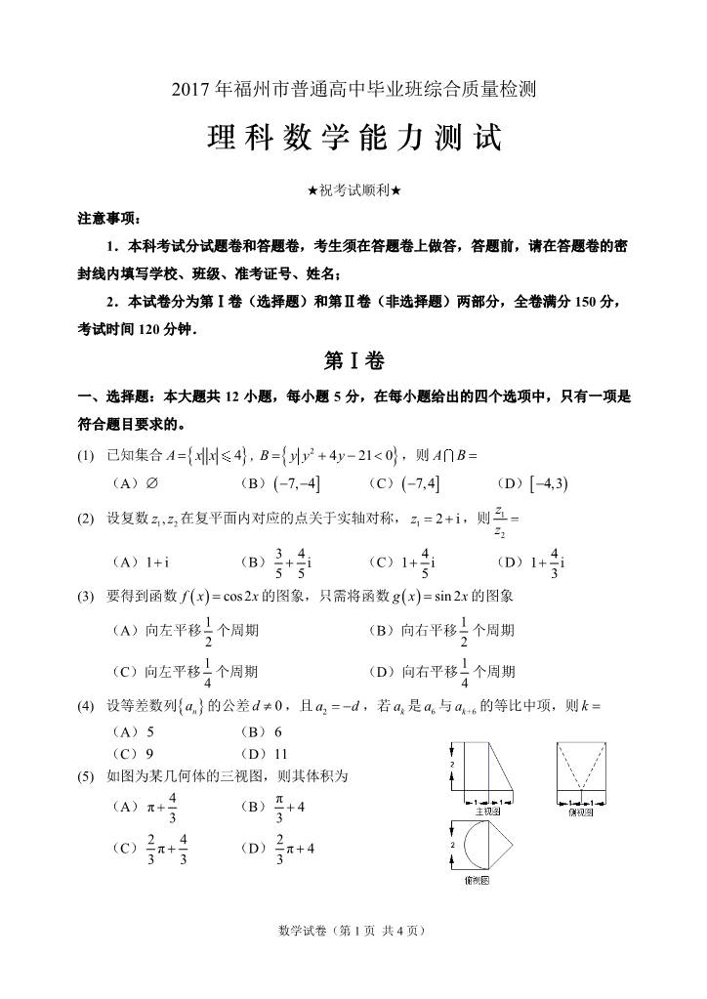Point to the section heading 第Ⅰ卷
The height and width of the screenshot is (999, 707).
pyautogui.click(x=353, y=361)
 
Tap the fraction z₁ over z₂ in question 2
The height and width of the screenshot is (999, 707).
pyautogui.click(x=501, y=520)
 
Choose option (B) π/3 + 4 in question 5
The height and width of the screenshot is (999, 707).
pyautogui.click(x=272, y=808)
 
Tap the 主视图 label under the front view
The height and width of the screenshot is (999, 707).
pyautogui.click(x=488, y=812)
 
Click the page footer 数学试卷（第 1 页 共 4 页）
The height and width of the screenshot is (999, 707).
pyautogui.click(x=353, y=931)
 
